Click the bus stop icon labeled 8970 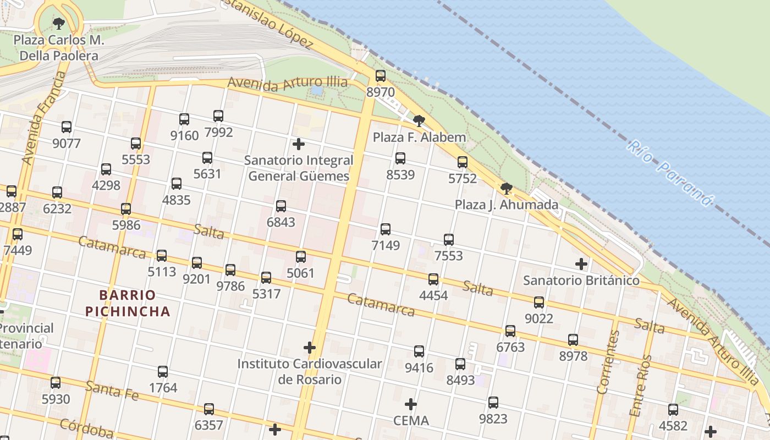(x=381, y=76)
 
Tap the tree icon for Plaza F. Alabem (x=419, y=120)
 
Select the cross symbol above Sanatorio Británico (x=581, y=264)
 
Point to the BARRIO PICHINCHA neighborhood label (x=128, y=303)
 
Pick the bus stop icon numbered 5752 (x=463, y=162)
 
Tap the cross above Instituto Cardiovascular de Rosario (x=310, y=348)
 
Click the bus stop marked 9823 (x=493, y=402)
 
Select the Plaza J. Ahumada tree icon (x=507, y=189)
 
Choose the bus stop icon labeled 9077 (x=67, y=127)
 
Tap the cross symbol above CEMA (x=411, y=404)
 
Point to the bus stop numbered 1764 (x=163, y=371)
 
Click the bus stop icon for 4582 (x=673, y=409)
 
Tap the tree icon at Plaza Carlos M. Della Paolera (x=59, y=23)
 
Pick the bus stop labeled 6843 (x=281, y=206)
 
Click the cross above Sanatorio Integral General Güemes (x=299, y=144)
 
